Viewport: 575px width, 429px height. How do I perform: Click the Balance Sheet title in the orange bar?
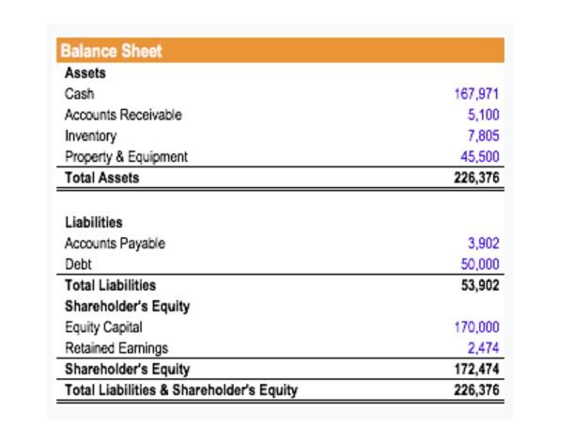[111, 52]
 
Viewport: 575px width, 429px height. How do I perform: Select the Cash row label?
[79, 94]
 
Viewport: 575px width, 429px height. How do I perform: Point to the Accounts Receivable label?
[123, 115]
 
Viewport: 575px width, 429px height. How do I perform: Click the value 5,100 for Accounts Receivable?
[483, 115]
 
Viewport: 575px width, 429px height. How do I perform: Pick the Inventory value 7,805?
[483, 135]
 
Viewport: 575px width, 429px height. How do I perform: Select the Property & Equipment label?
[126, 156]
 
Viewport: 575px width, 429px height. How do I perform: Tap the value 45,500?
[479, 156]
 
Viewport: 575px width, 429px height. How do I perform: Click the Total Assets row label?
[101, 177]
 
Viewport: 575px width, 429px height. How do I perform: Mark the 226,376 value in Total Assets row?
[476, 177]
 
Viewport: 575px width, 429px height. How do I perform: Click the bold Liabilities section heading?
[93, 223]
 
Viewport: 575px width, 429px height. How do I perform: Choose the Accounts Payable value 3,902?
[483, 244]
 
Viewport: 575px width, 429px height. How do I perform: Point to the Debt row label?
[78, 264]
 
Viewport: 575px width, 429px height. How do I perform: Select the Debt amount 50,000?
[479, 264]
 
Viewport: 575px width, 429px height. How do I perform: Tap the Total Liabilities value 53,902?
[479, 285]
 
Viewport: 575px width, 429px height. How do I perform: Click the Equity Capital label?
[103, 327]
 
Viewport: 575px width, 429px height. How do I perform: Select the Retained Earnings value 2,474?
[483, 348]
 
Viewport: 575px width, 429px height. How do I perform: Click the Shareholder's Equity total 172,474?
[476, 369]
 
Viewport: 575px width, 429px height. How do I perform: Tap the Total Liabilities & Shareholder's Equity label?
[180, 389]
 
